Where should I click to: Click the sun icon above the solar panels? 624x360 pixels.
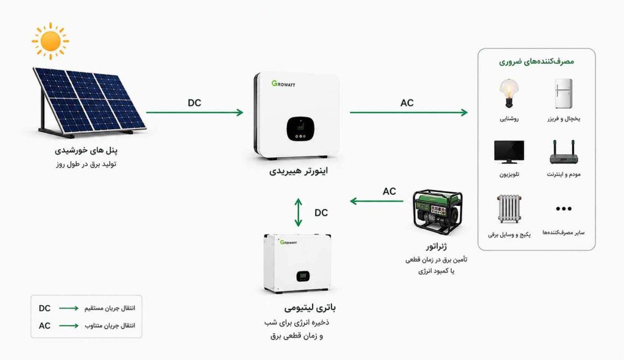click(51, 41)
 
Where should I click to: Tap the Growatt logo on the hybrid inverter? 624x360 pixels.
click(283, 83)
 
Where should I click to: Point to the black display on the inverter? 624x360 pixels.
click(300, 129)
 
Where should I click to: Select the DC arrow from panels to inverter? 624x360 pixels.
click(194, 113)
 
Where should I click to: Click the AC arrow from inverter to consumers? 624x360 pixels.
click(409, 113)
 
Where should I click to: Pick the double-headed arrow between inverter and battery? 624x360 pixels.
click(299, 213)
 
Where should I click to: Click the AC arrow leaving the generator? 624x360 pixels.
click(377, 201)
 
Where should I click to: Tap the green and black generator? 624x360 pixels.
click(438, 212)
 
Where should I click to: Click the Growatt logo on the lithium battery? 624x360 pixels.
click(288, 242)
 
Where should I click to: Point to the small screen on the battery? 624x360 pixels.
click(303, 276)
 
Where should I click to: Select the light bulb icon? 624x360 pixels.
click(509, 93)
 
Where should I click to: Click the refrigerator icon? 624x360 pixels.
click(564, 93)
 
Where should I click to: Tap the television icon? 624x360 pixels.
click(509, 152)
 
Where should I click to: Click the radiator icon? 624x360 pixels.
click(509, 209)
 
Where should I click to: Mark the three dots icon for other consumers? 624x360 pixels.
click(564, 209)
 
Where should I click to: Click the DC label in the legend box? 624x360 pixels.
click(44, 308)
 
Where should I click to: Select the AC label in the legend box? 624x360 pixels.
click(44, 326)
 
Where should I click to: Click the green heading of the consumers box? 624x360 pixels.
click(536, 62)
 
